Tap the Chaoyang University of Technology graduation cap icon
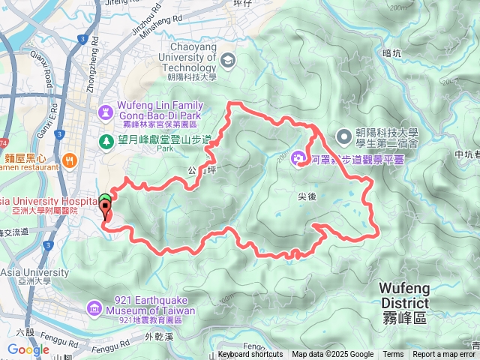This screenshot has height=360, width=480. point(226,60)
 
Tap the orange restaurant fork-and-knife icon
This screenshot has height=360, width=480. point(70,159)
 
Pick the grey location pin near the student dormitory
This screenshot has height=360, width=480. point(344,136)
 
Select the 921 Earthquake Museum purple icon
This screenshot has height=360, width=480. point(93,307)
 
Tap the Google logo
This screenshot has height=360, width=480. point(28,349)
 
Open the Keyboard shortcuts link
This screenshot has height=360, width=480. point(250,355)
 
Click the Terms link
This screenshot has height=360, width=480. point(393,355)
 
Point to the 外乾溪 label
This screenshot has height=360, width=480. point(159,336)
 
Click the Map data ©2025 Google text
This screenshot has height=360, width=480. point(332,355)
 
